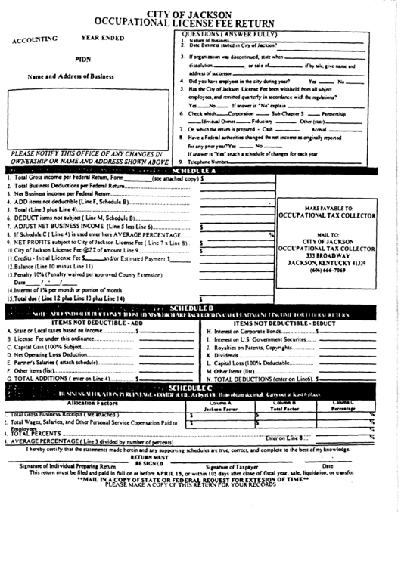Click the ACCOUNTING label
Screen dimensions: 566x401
pos(36,39)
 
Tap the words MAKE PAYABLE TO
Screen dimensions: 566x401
pos(328,207)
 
